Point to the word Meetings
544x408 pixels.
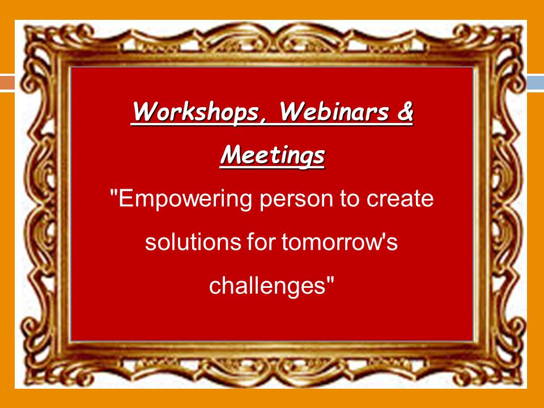coord(273,155)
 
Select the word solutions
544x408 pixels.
coord(193,241)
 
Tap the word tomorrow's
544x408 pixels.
coord(339,241)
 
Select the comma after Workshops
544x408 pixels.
coord(262,121)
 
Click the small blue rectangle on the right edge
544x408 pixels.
coord(535,83)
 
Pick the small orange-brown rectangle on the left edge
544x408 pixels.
coord(7,83)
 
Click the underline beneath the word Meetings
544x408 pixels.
coord(273,168)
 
